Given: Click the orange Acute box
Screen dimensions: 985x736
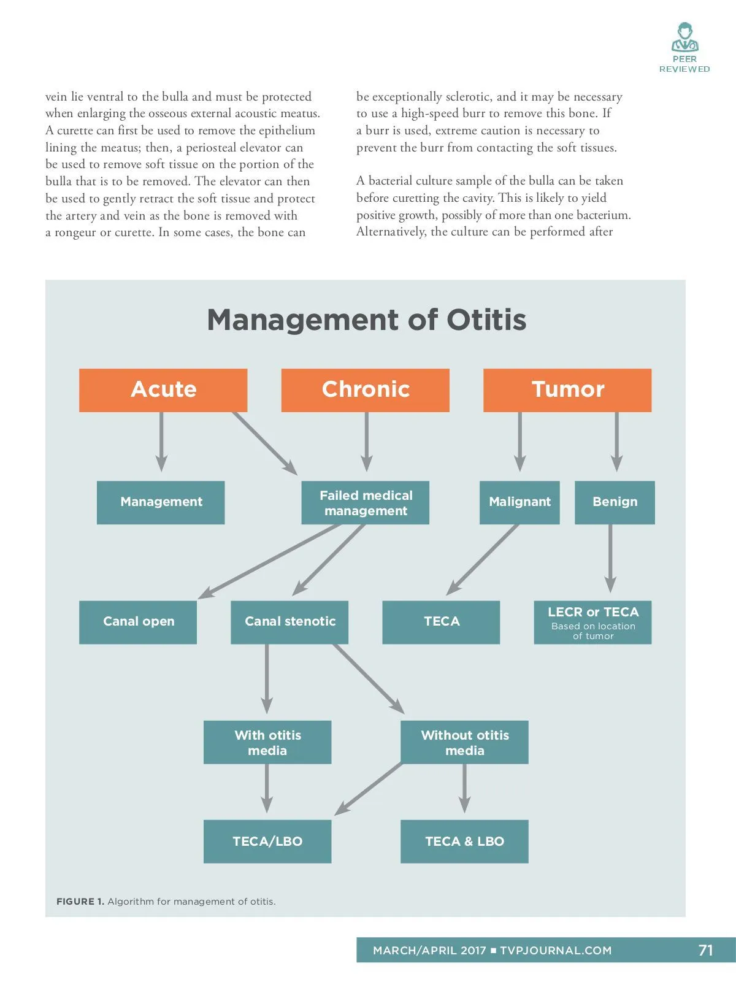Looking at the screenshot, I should pos(163,390).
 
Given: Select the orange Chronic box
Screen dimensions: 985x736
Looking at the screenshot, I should pos(366,390).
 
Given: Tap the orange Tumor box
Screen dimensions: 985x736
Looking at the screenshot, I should pos(567,390).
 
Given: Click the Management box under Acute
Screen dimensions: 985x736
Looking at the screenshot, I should pos(161,502).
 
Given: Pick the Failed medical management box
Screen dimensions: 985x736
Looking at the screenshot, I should pos(366,502).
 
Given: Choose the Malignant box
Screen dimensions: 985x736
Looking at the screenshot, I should pos(519,502).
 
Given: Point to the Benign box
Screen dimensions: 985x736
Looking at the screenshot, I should pos(615,502).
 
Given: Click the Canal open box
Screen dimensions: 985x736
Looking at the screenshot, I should pos(138,622).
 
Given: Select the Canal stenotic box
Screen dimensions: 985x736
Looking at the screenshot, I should pos(289,622).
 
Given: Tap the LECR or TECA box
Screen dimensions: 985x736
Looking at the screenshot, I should pos(592,622).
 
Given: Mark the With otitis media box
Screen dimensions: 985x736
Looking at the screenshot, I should pos(267,742).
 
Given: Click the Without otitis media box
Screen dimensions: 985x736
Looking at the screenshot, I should pos(464,742).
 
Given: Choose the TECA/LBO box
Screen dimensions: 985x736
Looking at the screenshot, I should pos(267,841).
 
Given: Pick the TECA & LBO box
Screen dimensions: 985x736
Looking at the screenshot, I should pos(464,841).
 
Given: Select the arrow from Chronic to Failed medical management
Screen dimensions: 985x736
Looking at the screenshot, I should pos(367,442).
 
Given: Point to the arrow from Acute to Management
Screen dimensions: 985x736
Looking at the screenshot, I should pos(162,442).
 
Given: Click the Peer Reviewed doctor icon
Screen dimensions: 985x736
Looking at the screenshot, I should pos(684,38).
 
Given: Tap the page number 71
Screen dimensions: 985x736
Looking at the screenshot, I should pos(705,950).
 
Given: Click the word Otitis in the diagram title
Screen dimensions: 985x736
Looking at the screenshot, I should pos(486,320).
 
